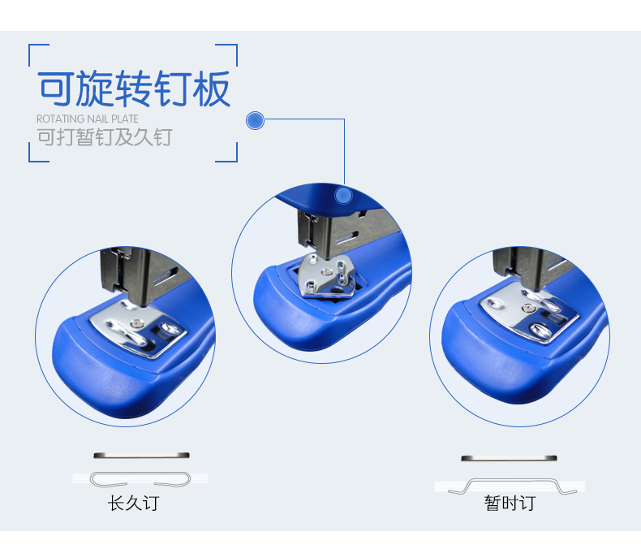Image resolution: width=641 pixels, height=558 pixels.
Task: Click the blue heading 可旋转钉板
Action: click(134, 89)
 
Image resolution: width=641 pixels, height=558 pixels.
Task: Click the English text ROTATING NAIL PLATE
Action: click(88, 119)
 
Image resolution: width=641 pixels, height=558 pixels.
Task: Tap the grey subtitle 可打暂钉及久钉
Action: click(105, 137)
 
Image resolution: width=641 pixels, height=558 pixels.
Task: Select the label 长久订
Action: click(133, 504)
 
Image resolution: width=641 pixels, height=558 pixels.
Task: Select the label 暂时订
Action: click(510, 504)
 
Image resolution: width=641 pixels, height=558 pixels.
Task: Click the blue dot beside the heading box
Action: click(255, 121)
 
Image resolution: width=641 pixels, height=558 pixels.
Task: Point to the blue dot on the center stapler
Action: click(343, 196)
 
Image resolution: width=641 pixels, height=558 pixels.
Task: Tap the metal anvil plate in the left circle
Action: click(138, 328)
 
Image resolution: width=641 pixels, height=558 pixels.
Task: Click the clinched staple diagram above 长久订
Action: click(140, 479)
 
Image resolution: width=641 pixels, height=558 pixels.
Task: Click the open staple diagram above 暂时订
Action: click(513, 486)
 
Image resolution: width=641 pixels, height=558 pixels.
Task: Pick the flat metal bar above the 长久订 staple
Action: click(141, 456)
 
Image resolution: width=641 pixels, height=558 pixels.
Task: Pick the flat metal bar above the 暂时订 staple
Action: click(509, 458)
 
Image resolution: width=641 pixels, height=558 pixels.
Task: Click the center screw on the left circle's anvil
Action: click(136, 324)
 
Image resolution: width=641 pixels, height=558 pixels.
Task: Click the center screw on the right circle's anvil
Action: click(528, 308)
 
